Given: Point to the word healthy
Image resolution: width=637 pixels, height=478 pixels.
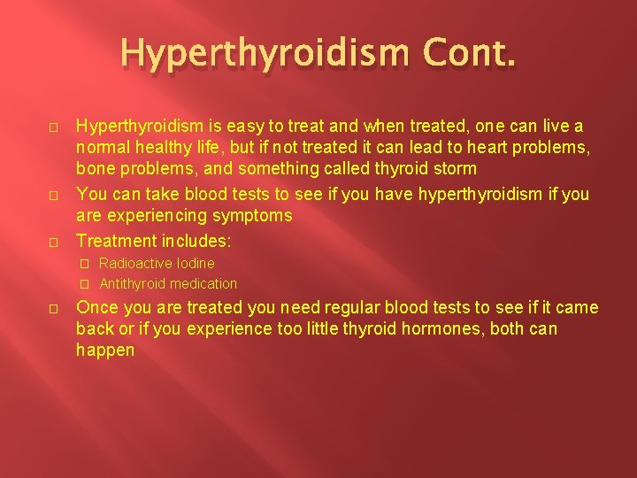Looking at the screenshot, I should point(157,148).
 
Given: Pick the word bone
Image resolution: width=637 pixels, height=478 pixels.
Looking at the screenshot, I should point(95,168).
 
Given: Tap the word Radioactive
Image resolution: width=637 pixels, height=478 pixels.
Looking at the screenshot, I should point(135,263).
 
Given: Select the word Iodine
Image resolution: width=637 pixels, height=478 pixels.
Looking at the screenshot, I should point(195,263).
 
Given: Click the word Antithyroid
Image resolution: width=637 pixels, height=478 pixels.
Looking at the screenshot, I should point(133,283).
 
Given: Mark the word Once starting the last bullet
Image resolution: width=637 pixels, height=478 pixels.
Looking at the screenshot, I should point(96,308).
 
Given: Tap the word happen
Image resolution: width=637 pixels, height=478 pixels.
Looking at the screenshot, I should point(105,350).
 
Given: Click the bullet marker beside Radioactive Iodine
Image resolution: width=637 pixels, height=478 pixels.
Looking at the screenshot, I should point(85,263).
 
